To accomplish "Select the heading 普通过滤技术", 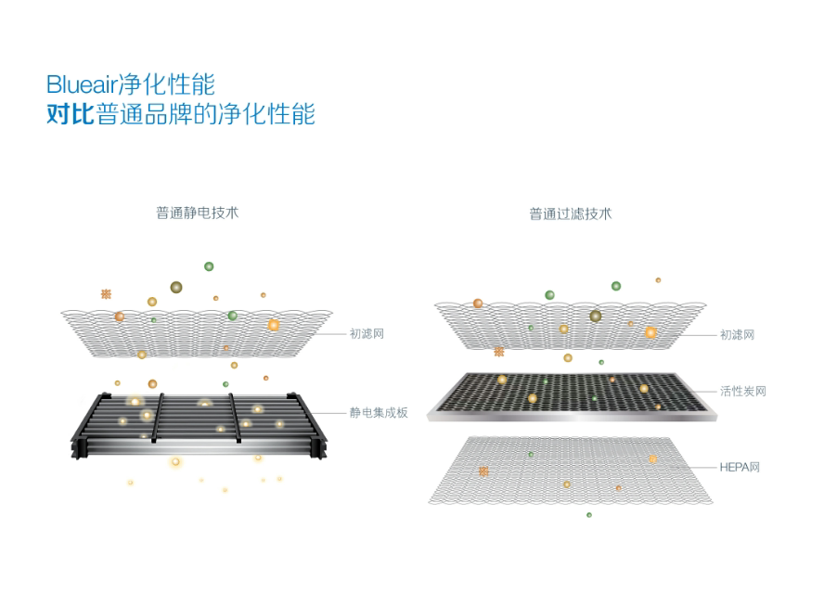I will (x=571, y=213).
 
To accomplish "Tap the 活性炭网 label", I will (x=743, y=392).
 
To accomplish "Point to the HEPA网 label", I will (x=740, y=466).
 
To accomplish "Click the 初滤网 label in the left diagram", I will (x=367, y=334).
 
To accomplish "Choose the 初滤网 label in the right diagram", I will (x=737, y=334).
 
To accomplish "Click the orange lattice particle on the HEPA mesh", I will (x=483, y=471).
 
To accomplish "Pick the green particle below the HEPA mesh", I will (x=588, y=514).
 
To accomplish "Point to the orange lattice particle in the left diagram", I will (x=106, y=294).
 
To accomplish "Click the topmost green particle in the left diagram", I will (x=209, y=266).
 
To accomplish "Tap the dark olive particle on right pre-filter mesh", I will (x=595, y=316).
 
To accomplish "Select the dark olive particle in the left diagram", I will (x=175, y=287).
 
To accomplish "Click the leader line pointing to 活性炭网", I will (x=702, y=392).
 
